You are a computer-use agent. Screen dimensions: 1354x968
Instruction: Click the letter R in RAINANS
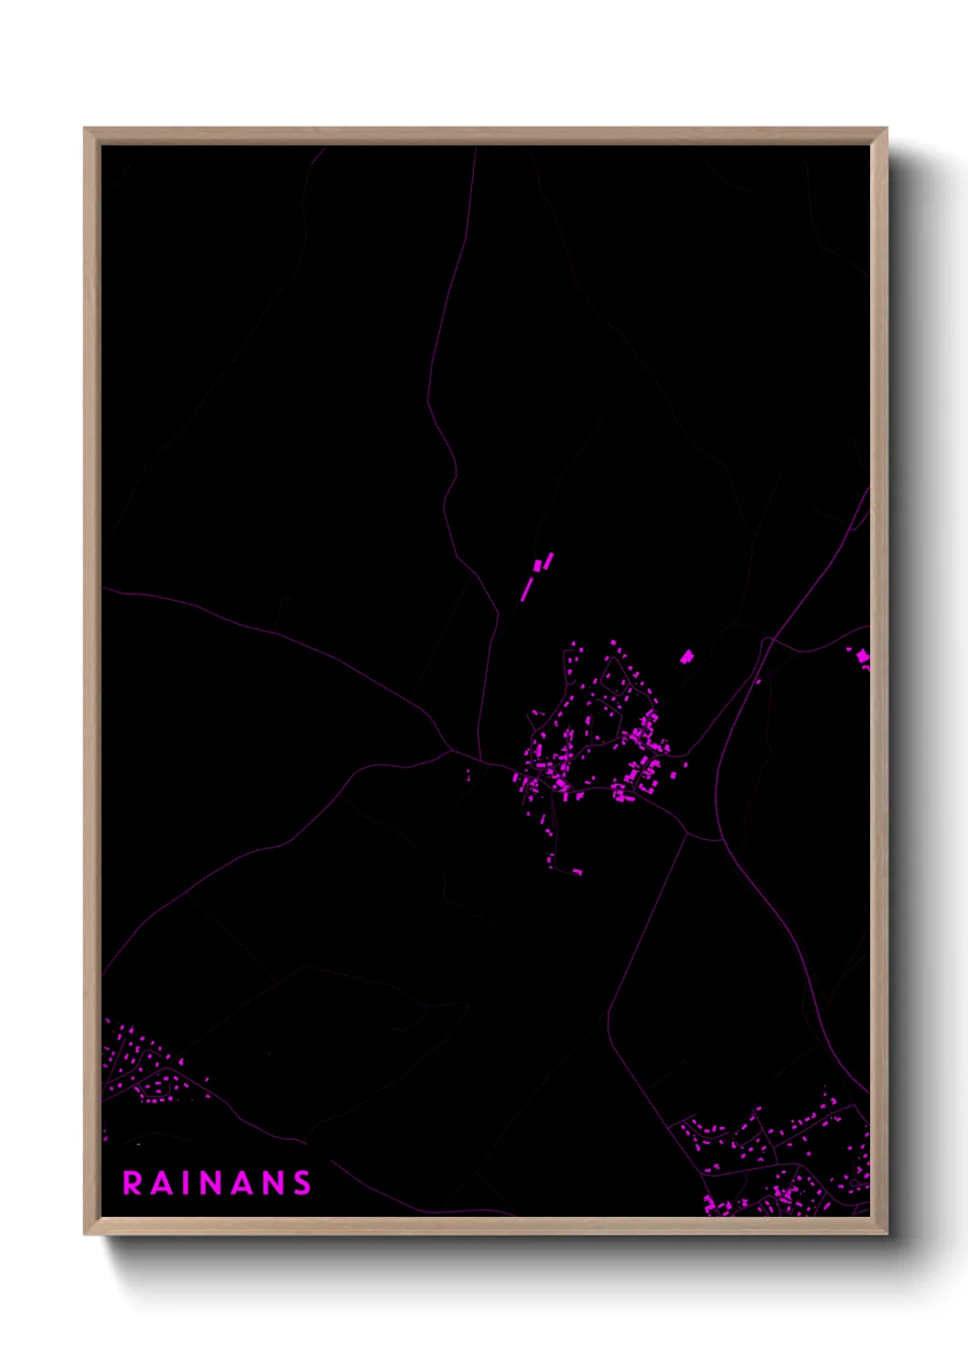click(133, 1183)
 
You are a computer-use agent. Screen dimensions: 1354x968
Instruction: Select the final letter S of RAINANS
click(302, 1183)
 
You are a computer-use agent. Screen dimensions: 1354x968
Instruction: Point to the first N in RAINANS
click(216, 1183)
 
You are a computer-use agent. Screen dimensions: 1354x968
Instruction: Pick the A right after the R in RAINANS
click(162, 1183)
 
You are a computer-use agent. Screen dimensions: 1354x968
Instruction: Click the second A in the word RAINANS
click(245, 1183)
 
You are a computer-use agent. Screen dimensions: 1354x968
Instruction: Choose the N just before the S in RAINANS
click(274, 1183)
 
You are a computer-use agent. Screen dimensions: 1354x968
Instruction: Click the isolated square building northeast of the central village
click(686, 656)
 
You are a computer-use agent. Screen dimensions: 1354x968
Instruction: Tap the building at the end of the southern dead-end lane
click(576, 871)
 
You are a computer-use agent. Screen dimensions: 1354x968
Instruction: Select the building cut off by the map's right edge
click(862, 657)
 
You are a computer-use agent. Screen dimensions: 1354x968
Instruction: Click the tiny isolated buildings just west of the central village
click(468, 776)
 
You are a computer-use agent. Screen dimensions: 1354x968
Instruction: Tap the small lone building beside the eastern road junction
click(758, 681)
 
